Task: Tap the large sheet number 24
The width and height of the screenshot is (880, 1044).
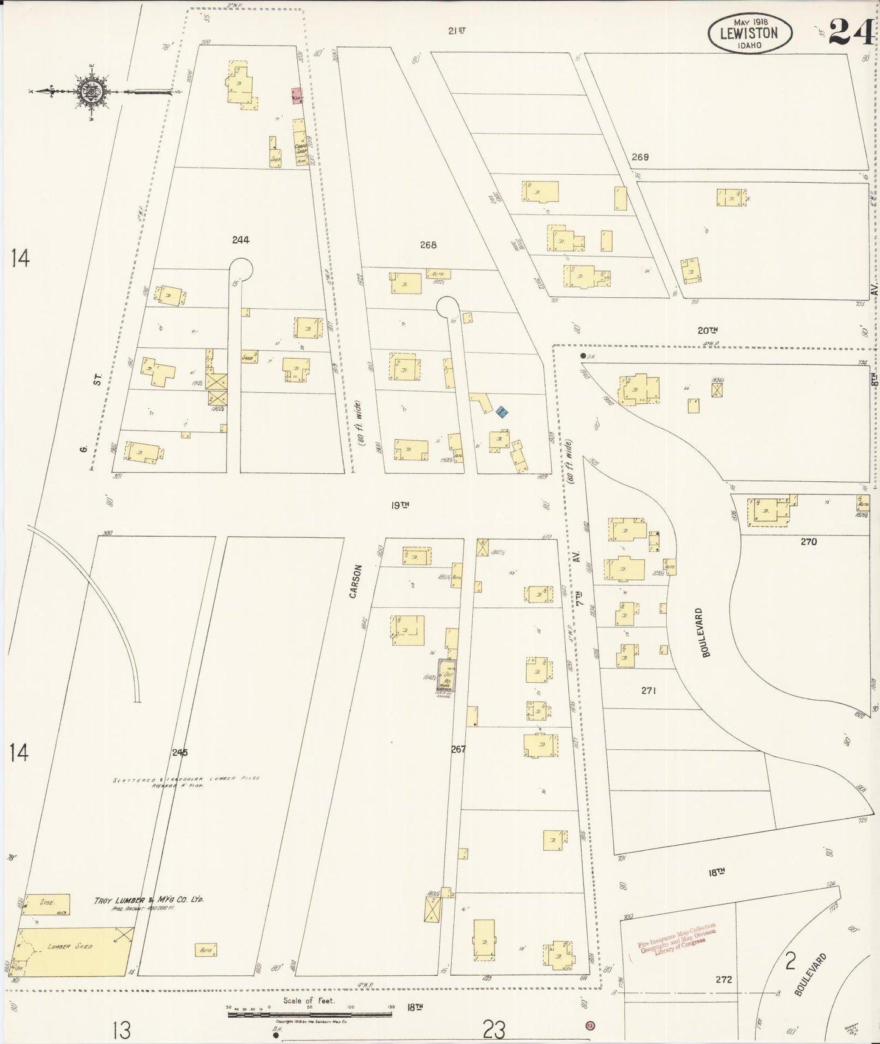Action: pos(851,32)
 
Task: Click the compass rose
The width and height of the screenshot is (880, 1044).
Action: pos(93,92)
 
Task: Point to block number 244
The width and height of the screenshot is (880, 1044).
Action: pos(241,240)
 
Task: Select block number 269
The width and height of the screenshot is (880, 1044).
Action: pos(639,157)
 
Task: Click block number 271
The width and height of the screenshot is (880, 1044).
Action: pos(648,690)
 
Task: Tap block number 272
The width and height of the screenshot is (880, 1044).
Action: pos(723,979)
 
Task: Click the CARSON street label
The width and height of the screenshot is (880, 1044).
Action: pos(356,580)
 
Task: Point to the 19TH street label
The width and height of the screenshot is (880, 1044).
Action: pos(400,505)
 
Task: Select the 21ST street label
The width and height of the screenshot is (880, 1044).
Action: pos(456,30)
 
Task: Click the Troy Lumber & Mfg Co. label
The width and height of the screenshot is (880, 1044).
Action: pos(149,900)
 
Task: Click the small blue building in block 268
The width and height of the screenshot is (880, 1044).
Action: pos(502,412)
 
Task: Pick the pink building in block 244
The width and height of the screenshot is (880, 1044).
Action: pos(297,96)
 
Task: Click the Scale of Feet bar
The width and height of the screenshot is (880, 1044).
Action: pos(309,1014)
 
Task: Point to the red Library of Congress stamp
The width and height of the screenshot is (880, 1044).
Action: pos(676,941)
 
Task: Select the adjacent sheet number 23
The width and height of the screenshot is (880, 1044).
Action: pos(494,1030)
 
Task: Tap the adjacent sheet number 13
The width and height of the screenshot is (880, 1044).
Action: pos(122,1030)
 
